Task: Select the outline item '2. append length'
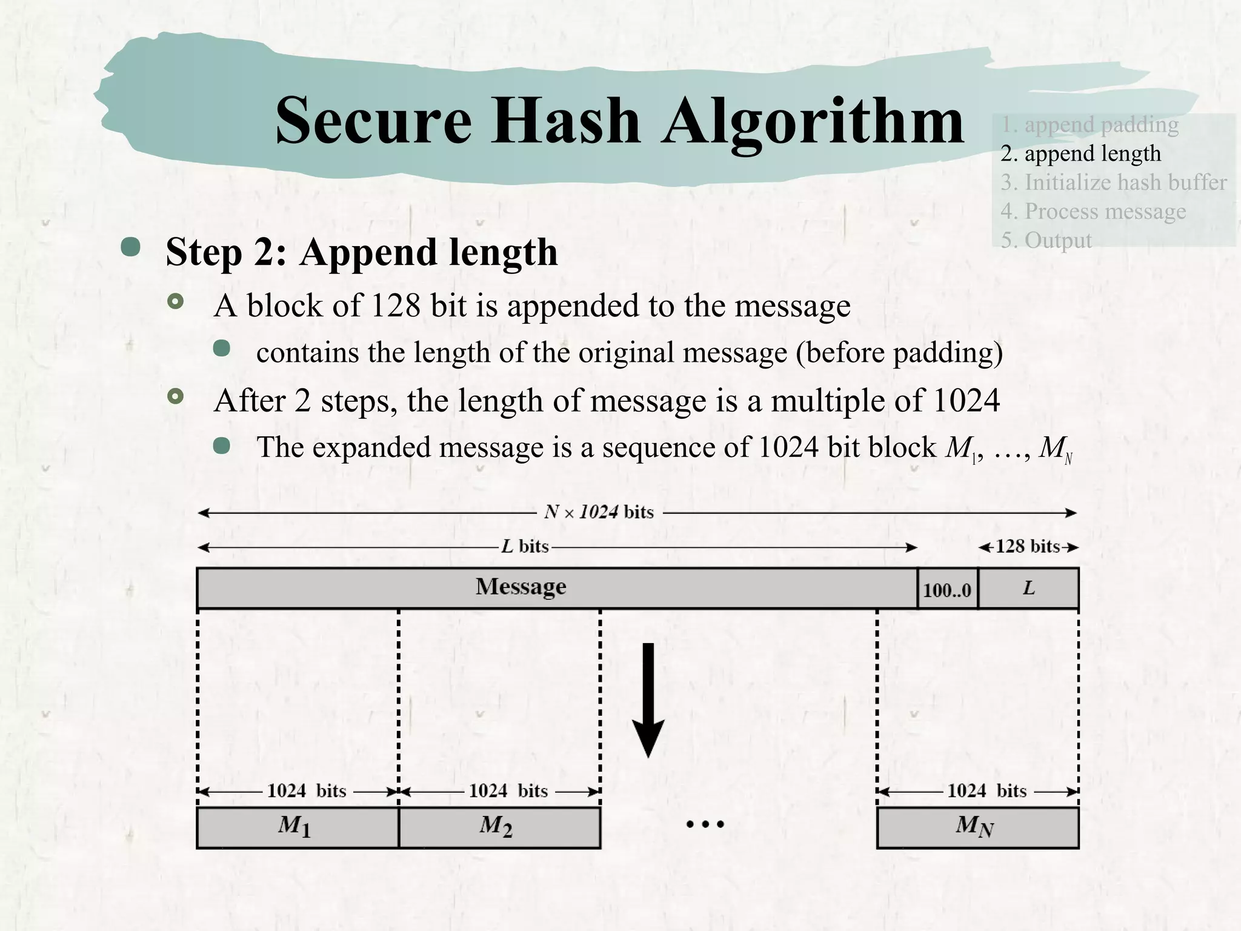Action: (x=1080, y=153)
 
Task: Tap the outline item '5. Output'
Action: (x=1045, y=240)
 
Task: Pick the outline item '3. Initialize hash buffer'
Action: (x=1113, y=182)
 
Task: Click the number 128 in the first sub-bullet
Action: (x=395, y=305)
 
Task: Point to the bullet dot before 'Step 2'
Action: (x=130, y=247)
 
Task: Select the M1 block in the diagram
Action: (x=297, y=827)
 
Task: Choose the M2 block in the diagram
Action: (x=499, y=827)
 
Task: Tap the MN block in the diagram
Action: (x=977, y=827)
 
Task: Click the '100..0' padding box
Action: (x=947, y=589)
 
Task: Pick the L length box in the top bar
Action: (x=1028, y=588)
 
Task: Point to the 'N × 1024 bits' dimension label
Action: (x=599, y=512)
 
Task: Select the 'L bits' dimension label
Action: (x=525, y=547)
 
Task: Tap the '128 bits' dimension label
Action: (x=1028, y=547)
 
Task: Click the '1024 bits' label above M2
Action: (x=508, y=791)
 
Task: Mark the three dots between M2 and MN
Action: (x=705, y=824)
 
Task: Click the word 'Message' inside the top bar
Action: (x=521, y=587)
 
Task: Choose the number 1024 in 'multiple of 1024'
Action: (x=966, y=401)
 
